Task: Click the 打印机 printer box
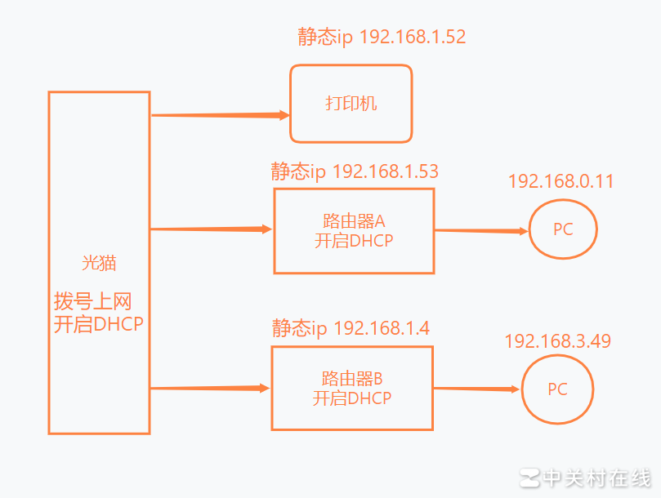coord(351,104)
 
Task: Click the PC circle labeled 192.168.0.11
coord(562,229)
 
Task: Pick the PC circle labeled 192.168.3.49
coord(557,389)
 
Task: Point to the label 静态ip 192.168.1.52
coord(382,37)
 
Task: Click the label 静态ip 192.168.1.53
coord(355,171)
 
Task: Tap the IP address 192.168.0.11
coord(561,181)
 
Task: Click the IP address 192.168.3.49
coord(557,340)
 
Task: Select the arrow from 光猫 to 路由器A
coord(211,229)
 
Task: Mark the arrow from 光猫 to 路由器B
coord(210,389)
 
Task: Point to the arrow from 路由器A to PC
coord(481,231)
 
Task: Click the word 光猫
coord(99,263)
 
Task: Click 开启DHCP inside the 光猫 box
coord(99,324)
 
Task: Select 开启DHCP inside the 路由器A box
coord(354,241)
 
